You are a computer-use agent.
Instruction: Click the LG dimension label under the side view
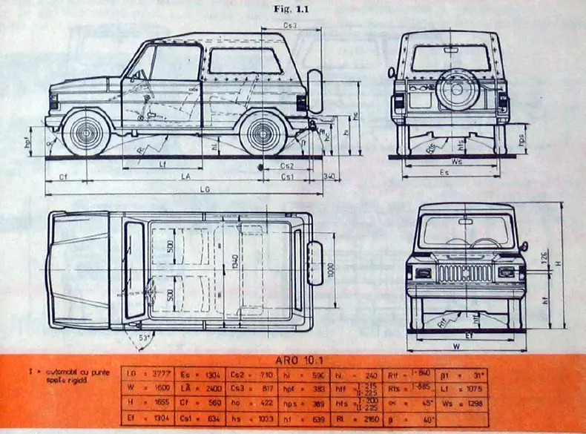[x=205, y=190]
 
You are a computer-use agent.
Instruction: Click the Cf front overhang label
[x=64, y=177]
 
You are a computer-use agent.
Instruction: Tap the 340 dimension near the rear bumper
[x=330, y=177]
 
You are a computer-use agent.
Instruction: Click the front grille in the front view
[x=464, y=274]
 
